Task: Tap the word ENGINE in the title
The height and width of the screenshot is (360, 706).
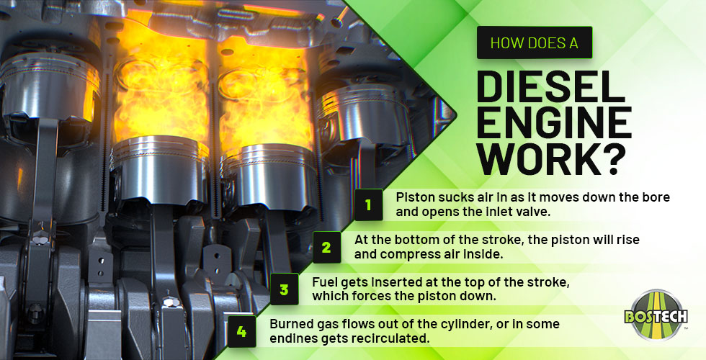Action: [x=553, y=123]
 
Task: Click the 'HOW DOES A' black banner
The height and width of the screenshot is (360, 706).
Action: [x=534, y=42]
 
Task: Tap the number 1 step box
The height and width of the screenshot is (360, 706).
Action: [x=368, y=204]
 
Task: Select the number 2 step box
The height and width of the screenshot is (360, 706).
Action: [x=326, y=248]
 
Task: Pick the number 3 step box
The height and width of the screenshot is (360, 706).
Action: [x=284, y=290]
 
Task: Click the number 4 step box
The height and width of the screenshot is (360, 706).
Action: [x=241, y=332]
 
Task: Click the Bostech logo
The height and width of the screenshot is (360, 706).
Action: [x=656, y=315]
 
